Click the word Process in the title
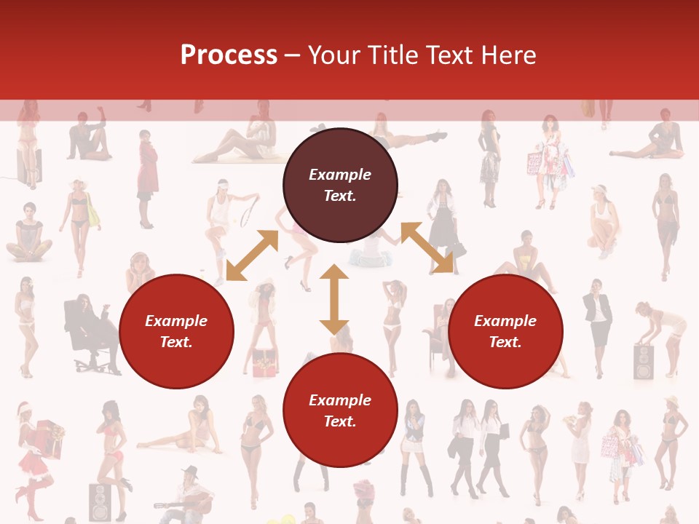(x=229, y=55)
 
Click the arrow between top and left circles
(x=252, y=255)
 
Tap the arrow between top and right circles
(x=427, y=248)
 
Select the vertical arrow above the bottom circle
(x=334, y=299)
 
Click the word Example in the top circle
(x=340, y=175)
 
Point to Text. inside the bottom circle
(x=340, y=421)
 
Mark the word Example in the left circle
(x=176, y=321)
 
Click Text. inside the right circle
(x=505, y=342)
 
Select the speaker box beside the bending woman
(x=644, y=362)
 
